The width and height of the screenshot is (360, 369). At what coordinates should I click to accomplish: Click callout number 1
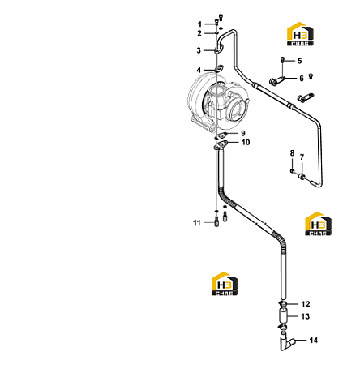click(x=199, y=24)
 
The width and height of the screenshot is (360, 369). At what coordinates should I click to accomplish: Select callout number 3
click(x=199, y=50)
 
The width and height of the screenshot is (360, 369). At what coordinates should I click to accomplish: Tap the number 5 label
click(x=299, y=61)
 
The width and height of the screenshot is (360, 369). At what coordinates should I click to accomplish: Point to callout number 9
click(x=243, y=133)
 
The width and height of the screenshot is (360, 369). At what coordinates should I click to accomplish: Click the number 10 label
click(x=246, y=143)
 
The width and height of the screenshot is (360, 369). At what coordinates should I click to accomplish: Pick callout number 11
click(x=197, y=223)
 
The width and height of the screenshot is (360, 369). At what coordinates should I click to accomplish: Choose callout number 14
click(x=314, y=340)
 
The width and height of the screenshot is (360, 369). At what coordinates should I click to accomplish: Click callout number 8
click(x=292, y=153)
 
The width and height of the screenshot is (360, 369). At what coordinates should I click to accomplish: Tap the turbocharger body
click(x=218, y=103)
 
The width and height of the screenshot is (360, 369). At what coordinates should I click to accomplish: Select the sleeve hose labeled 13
click(x=283, y=316)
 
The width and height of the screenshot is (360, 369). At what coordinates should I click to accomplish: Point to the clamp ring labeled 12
click(x=283, y=304)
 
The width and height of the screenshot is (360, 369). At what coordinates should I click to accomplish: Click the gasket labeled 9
click(x=221, y=136)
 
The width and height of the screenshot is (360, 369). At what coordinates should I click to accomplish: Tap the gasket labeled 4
click(x=219, y=68)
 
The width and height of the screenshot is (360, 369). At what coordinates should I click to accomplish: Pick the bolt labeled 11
click(x=216, y=221)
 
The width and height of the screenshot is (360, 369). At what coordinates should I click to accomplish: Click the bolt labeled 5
click(x=283, y=60)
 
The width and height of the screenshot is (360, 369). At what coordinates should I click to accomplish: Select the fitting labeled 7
click(x=302, y=177)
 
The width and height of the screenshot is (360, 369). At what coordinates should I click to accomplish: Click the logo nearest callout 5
click(x=300, y=34)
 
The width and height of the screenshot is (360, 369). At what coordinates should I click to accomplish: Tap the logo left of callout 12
click(x=225, y=284)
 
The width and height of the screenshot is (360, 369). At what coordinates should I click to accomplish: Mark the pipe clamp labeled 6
click(x=276, y=81)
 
